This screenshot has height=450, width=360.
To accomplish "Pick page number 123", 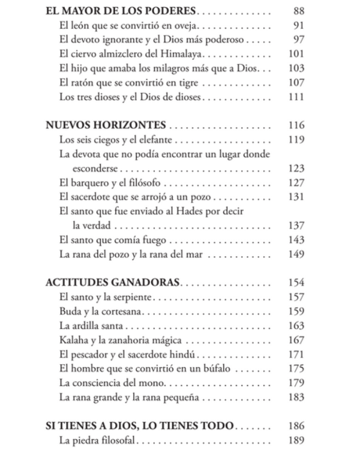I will [x=296, y=169].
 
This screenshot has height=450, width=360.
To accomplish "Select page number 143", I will [x=296, y=240].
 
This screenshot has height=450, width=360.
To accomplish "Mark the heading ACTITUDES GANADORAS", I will [x=113, y=283].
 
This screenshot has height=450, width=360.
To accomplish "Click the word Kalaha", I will [x=73, y=340].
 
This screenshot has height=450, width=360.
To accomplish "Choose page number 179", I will [x=296, y=383].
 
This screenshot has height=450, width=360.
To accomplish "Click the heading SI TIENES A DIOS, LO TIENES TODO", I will [x=139, y=425].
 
